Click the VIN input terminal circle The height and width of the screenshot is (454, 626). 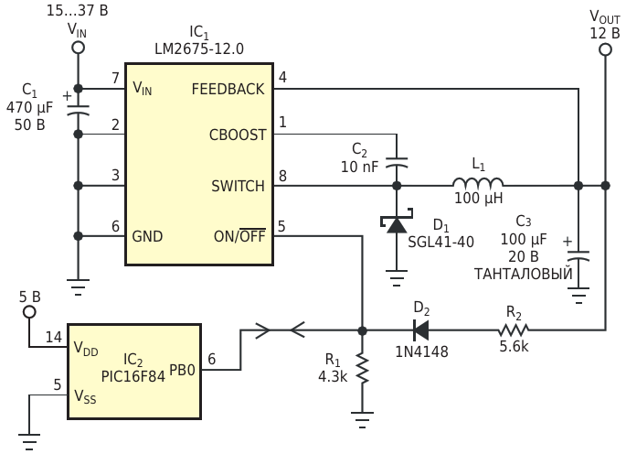[78, 48]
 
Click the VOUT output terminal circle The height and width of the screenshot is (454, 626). [605, 50]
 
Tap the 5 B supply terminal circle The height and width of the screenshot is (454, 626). [29, 312]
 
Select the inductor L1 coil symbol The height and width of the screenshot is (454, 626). [478, 182]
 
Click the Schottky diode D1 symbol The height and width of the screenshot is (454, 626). [397, 223]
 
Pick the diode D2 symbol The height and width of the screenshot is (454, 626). [420, 330]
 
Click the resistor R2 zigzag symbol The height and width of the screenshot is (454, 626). [514, 330]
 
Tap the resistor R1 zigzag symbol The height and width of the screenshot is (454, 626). [362, 368]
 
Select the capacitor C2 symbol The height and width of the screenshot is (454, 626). [397, 162]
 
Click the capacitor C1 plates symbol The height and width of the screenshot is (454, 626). [78, 111]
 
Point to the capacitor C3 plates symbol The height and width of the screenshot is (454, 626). [578, 256]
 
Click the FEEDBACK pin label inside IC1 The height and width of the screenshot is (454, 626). [228, 89]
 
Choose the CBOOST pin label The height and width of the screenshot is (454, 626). [238, 135]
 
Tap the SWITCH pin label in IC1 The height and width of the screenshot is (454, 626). [238, 186]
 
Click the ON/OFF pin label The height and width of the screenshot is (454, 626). [239, 236]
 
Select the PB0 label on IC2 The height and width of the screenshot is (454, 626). [182, 370]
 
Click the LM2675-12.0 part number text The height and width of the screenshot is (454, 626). [199, 49]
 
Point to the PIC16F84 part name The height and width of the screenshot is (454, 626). [133, 376]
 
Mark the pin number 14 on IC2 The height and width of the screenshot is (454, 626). [54, 337]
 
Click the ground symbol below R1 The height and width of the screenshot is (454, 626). [362, 419]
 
